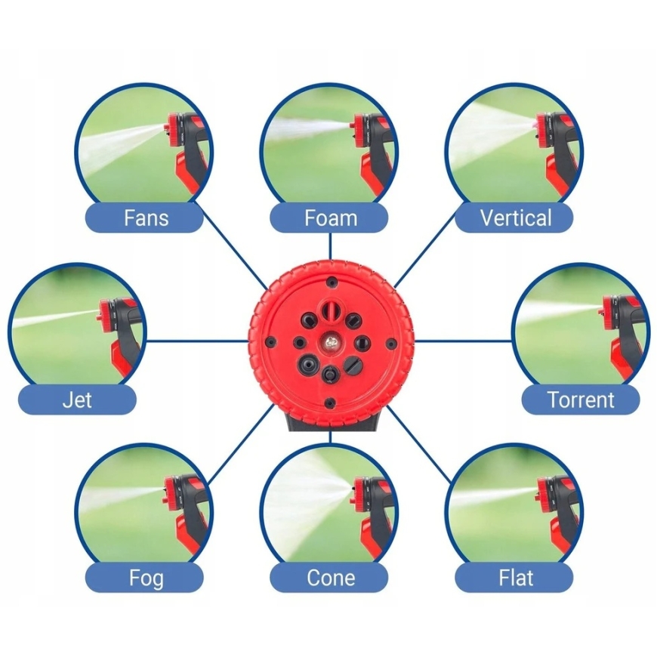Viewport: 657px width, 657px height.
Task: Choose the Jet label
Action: (77, 399)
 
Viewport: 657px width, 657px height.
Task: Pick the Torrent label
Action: (581, 399)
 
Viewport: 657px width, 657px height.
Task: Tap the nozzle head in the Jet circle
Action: (105, 315)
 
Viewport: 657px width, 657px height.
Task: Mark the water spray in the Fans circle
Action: (122, 144)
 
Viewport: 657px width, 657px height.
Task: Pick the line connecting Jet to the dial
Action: (197, 341)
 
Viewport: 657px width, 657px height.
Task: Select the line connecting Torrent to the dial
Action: (463, 341)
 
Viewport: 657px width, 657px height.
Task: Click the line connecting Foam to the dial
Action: (330, 246)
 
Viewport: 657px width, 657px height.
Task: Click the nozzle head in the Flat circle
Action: (544, 492)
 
